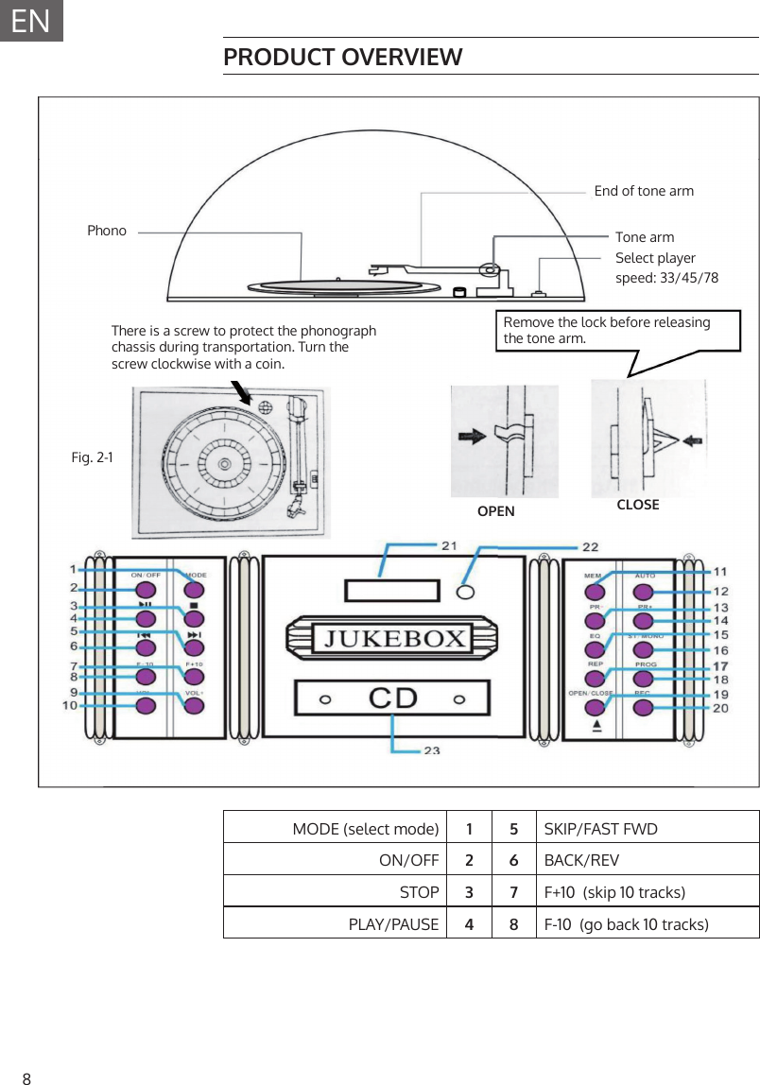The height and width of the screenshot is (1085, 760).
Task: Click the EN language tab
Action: pos(31,20)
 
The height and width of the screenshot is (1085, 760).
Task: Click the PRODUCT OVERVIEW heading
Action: pos(343,58)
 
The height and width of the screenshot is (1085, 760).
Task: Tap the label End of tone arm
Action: pos(644,191)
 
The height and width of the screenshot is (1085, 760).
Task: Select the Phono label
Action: pos(107,231)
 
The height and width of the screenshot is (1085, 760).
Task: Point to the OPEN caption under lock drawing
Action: pos(496,511)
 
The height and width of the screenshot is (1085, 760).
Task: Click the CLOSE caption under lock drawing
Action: pos(638,505)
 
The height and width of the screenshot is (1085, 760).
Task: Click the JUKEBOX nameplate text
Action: pos(396,639)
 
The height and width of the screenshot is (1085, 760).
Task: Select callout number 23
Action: pos(431,751)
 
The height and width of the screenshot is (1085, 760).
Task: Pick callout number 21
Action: pos(449,545)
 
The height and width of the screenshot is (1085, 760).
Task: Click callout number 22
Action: pos(590,547)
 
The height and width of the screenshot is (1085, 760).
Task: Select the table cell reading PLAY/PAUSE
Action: pos(394,923)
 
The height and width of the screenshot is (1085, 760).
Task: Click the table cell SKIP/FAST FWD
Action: pos(601,830)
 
